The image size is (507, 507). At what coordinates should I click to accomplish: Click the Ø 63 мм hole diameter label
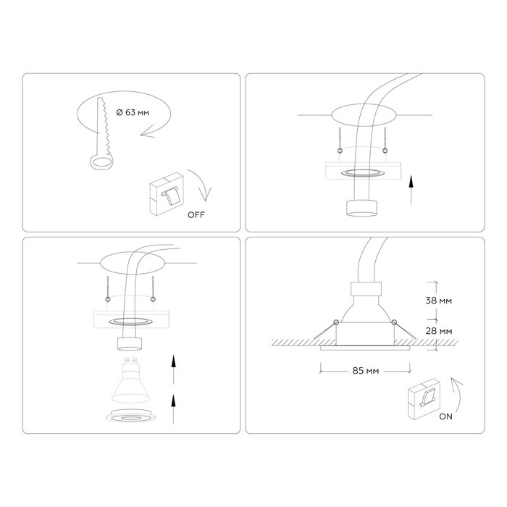pos(133,112)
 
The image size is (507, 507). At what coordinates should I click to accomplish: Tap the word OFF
pos(196,214)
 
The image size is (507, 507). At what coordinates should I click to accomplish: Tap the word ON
pos(446,416)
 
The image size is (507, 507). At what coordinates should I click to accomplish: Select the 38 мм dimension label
pos(438,301)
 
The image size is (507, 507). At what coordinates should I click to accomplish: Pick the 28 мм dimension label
pos(439,331)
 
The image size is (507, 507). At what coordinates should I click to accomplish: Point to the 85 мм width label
pos(365,371)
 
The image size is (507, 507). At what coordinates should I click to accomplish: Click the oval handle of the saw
pos(101,162)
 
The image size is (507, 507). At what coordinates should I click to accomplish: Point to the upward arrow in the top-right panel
pos(411,190)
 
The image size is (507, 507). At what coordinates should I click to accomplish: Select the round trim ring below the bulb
pos(130,416)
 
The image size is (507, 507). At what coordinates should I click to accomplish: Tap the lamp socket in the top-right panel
pos(361,208)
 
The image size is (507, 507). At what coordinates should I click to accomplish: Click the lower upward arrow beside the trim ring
pos(173,408)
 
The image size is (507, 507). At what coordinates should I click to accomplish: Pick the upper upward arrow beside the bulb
pos(173,369)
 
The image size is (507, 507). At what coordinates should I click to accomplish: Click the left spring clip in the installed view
pos(326,330)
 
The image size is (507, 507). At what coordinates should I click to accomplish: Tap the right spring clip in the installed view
pos(404,330)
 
